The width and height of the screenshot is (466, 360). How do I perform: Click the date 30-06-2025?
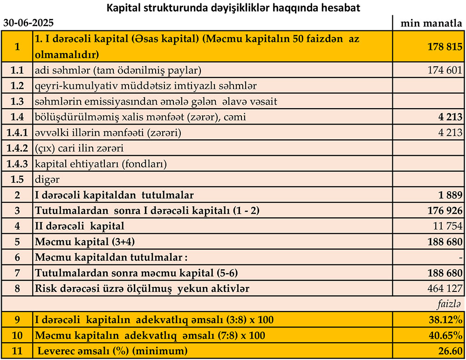coord(28,22)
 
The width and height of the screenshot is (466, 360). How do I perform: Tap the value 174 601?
coord(445,70)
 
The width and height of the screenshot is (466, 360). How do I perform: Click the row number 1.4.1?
coord(17,133)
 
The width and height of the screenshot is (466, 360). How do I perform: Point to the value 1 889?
coord(449,195)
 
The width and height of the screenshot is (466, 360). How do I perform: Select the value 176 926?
coord(445,211)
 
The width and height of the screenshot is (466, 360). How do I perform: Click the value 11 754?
coord(447,226)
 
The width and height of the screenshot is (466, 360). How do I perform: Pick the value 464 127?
coord(445,289)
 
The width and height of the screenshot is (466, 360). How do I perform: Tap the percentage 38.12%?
coord(445,320)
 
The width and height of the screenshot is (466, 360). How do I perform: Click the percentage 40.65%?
coord(445,335)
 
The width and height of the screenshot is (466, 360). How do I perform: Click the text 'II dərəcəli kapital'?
coord(80,226)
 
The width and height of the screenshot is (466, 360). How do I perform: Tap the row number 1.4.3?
coord(17,164)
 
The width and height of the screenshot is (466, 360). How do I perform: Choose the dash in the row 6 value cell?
coord(460,257)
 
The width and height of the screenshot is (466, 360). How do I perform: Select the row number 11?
coord(17,351)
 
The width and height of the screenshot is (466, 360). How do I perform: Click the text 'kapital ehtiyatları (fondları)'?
coord(101,164)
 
